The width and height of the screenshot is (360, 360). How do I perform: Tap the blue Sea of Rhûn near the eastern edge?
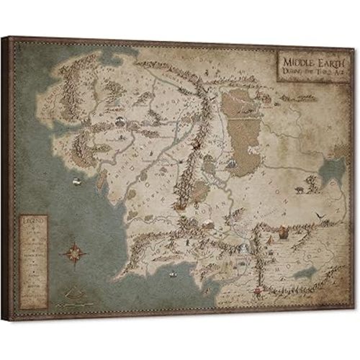coord(331,171)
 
